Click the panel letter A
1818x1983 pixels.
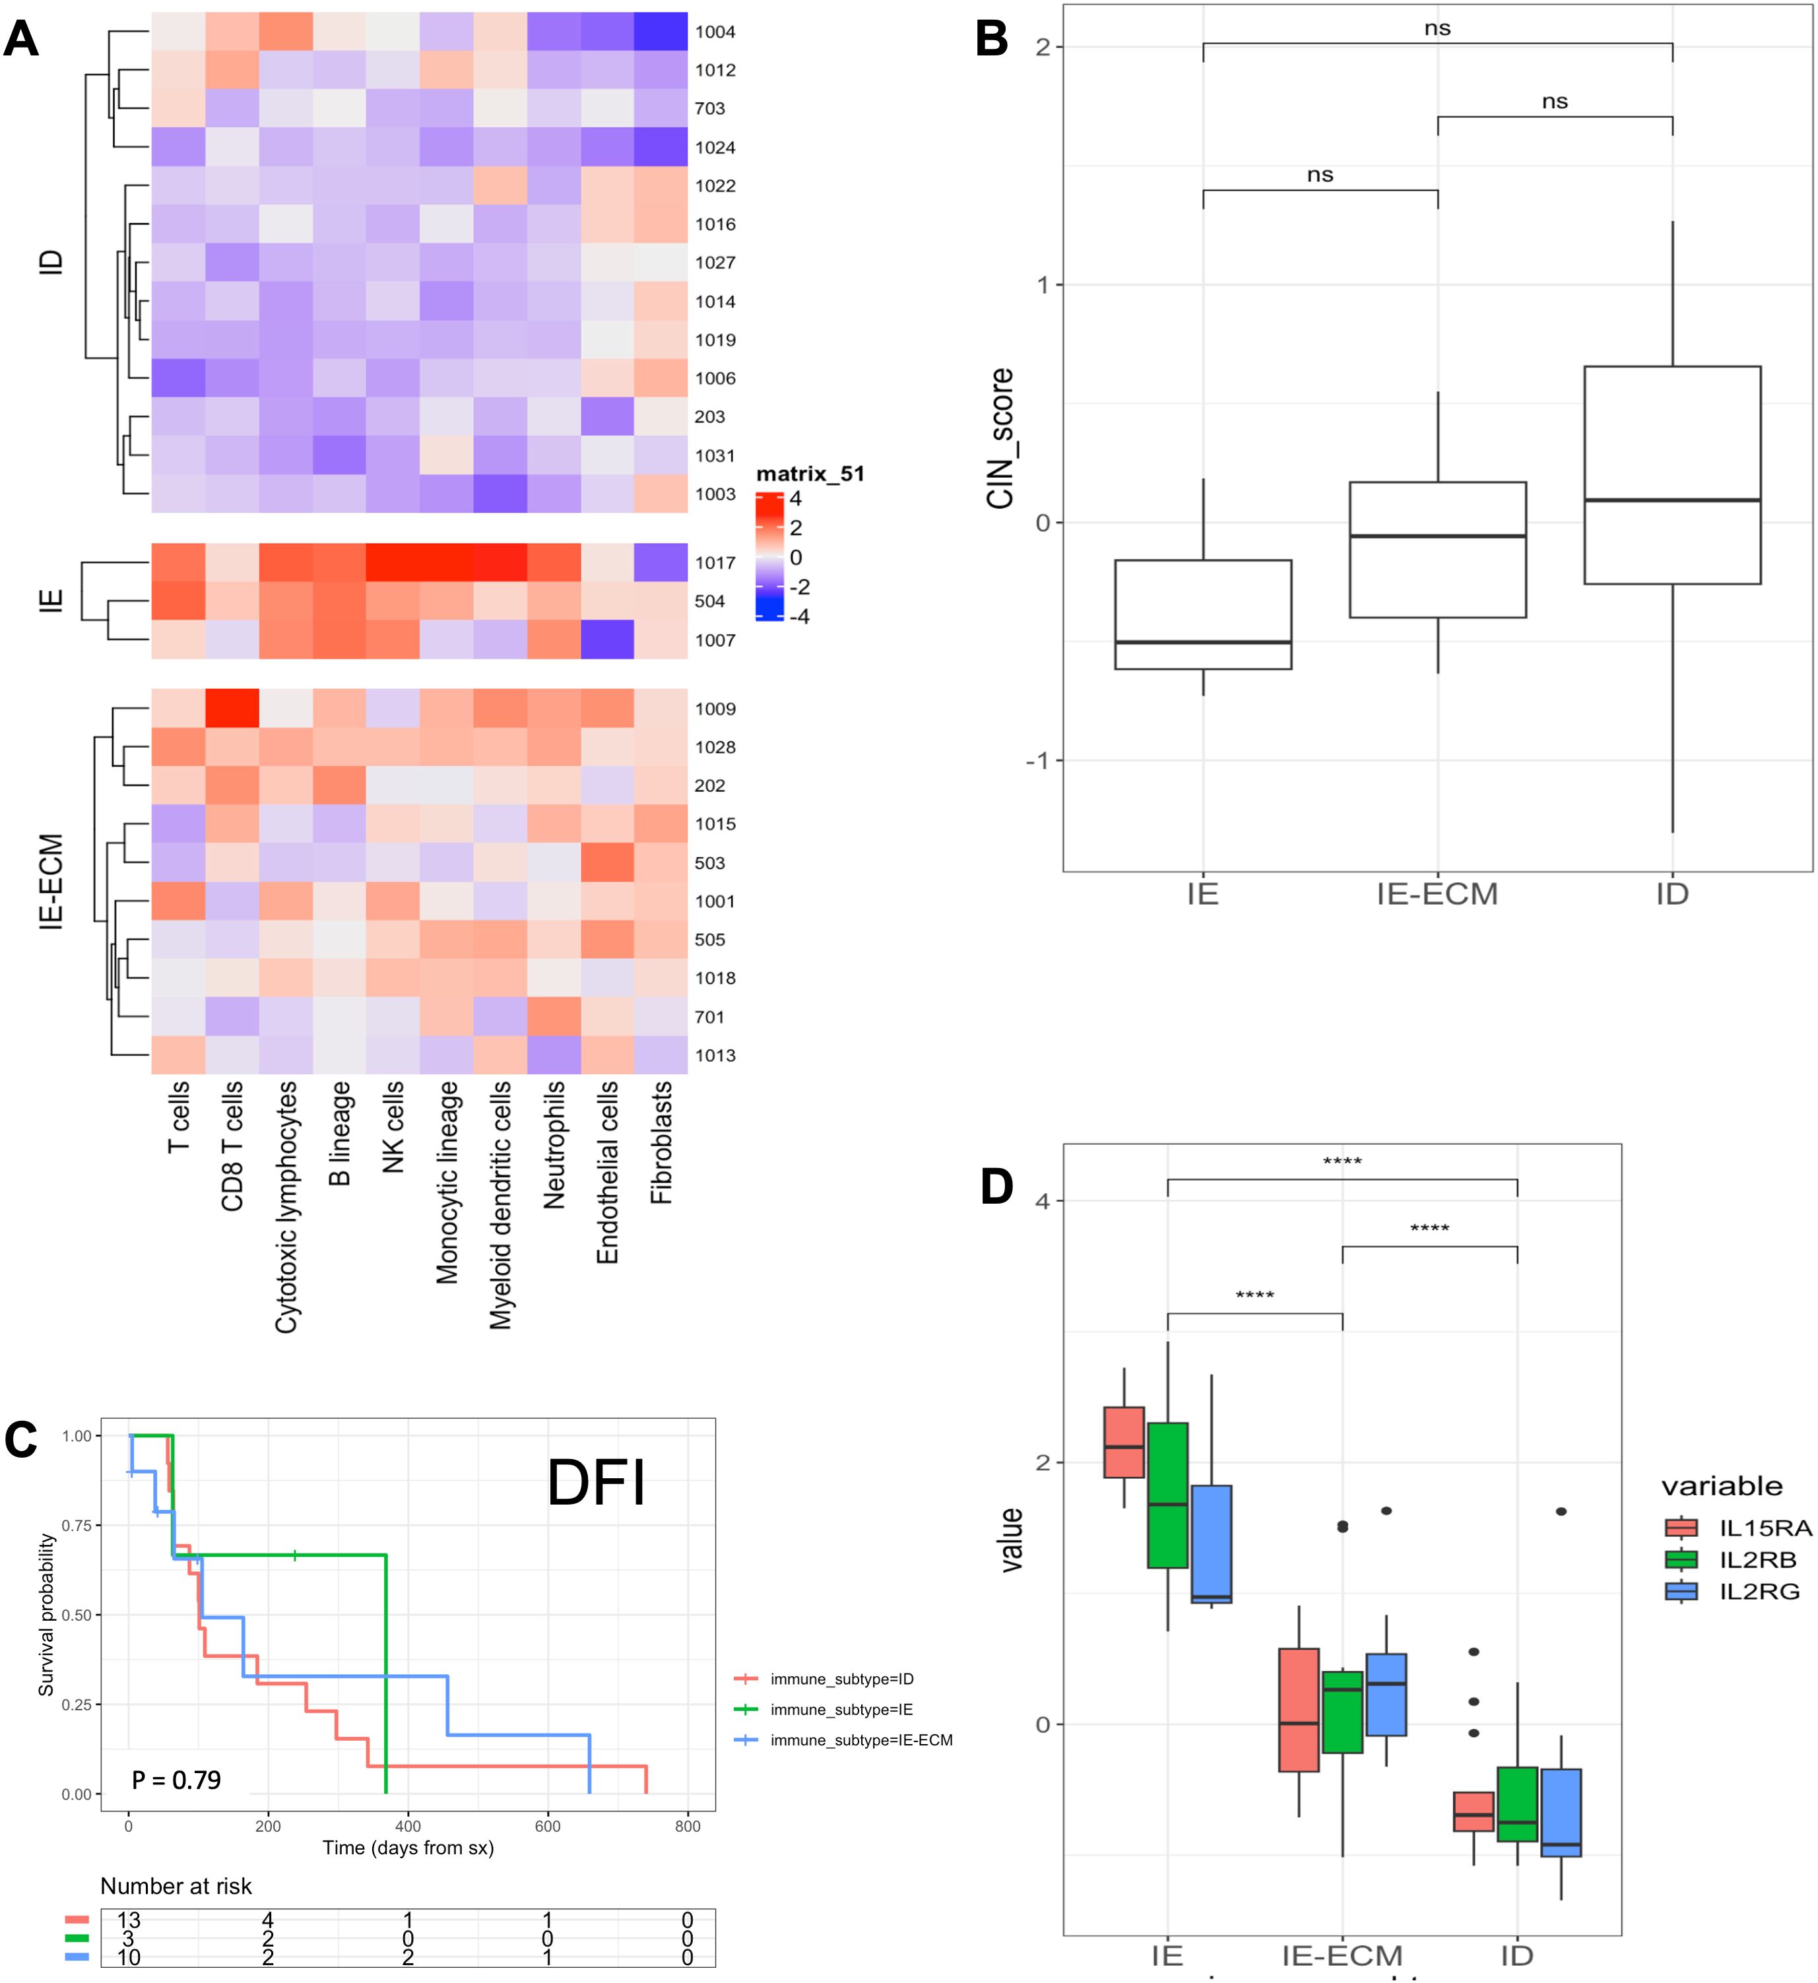tap(22, 40)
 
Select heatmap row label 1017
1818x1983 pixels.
tap(715, 564)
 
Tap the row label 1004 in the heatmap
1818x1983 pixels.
tap(715, 32)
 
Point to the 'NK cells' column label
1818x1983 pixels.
tap(393, 1127)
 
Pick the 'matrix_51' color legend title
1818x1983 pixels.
tap(810, 474)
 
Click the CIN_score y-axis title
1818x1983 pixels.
tap(1000, 439)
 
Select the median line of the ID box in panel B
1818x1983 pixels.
tap(1672, 501)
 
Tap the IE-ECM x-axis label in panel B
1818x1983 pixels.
tap(1437, 894)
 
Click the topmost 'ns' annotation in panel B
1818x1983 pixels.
tap(1437, 28)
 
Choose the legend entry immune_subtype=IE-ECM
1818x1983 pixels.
tap(860, 1741)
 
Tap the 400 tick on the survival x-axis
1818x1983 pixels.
tap(407, 1827)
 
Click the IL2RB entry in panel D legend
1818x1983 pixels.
tap(1757, 1560)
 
